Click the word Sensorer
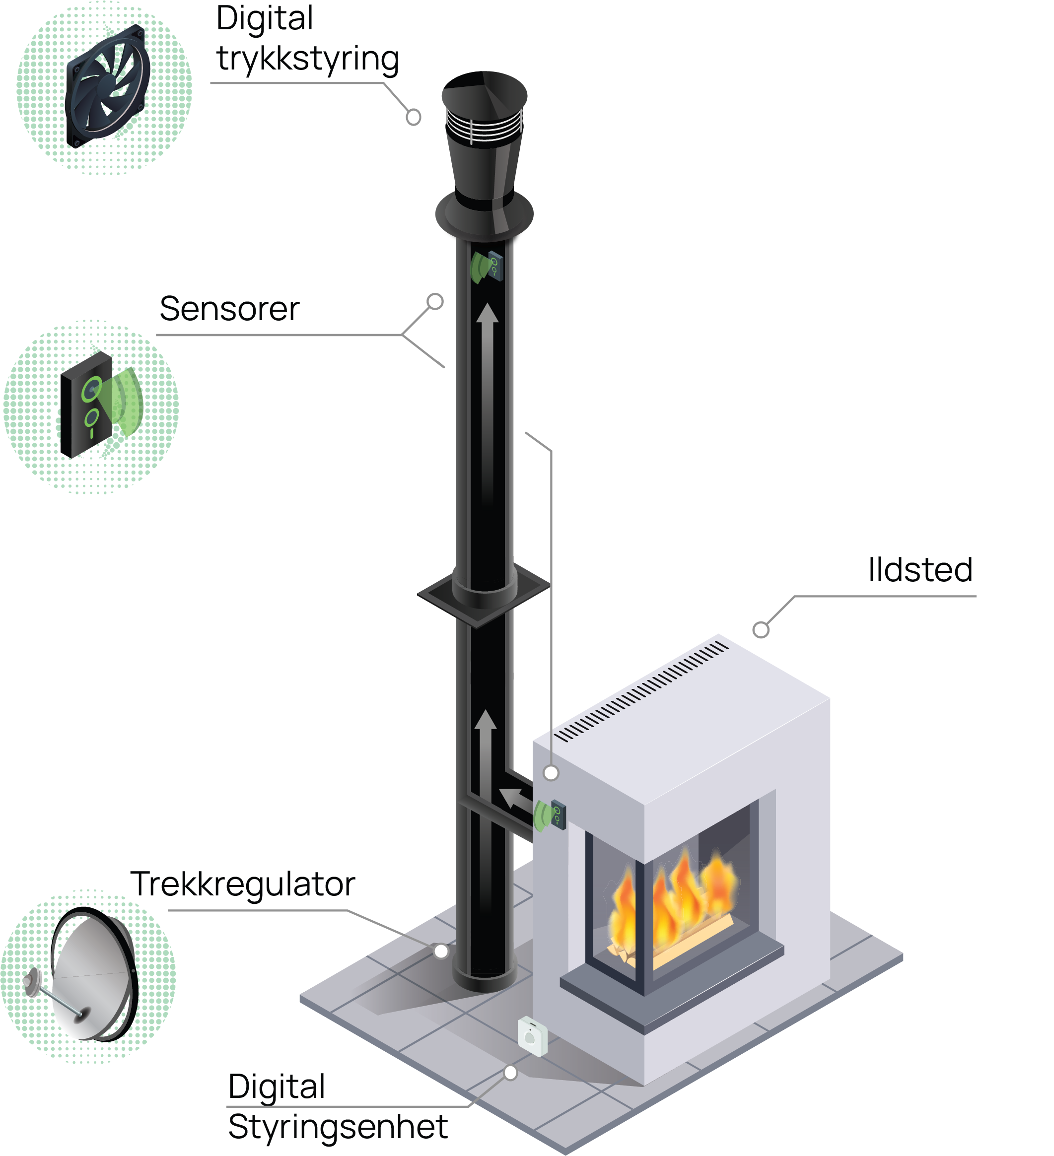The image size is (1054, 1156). click(x=229, y=309)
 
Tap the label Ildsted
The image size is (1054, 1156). click(x=920, y=570)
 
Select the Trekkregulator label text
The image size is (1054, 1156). click(x=243, y=884)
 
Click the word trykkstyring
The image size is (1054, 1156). click(x=308, y=60)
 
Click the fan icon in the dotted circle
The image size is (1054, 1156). click(x=107, y=86)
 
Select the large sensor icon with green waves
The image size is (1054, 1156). click(x=100, y=404)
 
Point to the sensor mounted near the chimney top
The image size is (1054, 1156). click(x=488, y=267)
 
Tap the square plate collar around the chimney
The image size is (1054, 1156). click(x=484, y=594)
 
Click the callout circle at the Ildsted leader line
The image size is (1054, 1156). click(x=761, y=629)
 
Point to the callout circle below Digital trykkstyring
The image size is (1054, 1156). click(x=413, y=117)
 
